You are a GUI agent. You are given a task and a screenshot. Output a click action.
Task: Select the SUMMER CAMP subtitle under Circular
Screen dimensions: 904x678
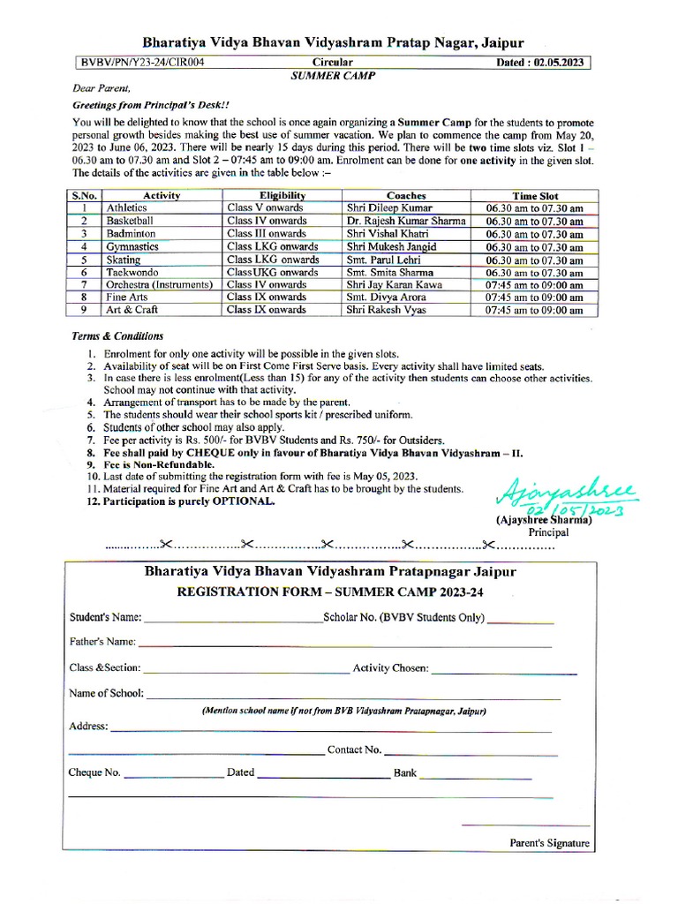(333, 76)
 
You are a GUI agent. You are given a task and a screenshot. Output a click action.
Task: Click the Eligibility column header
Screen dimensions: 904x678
(282, 195)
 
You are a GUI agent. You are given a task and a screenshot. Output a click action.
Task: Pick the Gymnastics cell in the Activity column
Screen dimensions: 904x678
(133, 247)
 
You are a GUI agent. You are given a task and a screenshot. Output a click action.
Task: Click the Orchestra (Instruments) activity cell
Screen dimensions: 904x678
(159, 285)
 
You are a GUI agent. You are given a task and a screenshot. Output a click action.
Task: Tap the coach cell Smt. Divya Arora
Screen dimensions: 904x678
(386, 298)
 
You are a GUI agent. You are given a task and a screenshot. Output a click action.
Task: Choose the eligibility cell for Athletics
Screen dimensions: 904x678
(265, 208)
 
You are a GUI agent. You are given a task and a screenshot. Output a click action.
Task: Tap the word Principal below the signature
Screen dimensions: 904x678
(548, 532)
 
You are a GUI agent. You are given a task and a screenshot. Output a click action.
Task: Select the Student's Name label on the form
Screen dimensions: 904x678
(105, 617)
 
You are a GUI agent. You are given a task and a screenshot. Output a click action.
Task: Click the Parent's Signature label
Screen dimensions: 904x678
(549, 843)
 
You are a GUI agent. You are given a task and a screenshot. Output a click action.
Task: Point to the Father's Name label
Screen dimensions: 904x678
(102, 641)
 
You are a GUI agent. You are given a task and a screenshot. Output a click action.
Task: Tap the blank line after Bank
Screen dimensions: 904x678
(477, 775)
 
